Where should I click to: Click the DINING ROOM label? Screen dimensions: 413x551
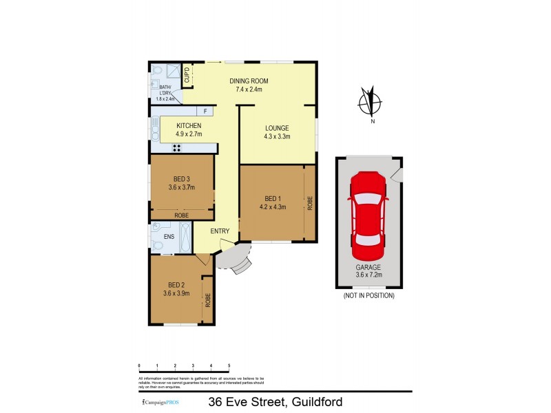point(249,81)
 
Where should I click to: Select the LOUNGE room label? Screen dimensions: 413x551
point(277,128)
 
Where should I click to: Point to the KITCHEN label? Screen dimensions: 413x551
point(189,125)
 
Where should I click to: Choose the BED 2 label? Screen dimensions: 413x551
point(176,285)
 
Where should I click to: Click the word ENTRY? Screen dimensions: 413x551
point(220,231)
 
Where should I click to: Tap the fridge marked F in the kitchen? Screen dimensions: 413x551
point(205,112)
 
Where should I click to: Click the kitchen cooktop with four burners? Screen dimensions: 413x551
point(176,147)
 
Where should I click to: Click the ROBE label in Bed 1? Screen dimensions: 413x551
point(311,202)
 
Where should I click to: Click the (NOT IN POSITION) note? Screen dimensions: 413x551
point(369,295)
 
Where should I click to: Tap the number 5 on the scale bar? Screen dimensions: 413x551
point(229,366)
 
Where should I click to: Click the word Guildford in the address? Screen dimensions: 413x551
point(317,401)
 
